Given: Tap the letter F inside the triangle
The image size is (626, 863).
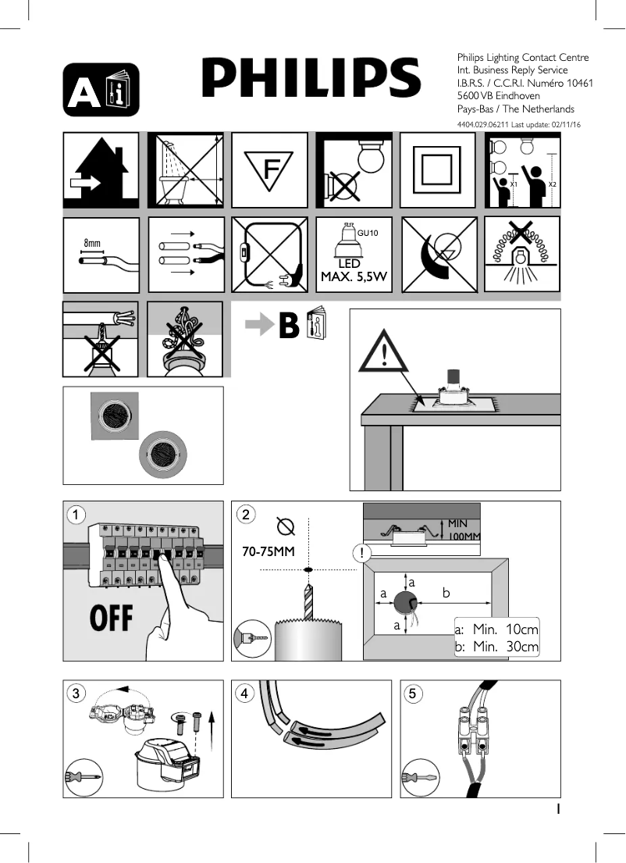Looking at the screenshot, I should click(x=270, y=169).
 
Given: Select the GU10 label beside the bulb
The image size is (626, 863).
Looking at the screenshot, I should click(x=368, y=233).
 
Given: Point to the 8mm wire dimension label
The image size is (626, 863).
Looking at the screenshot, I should click(x=92, y=244).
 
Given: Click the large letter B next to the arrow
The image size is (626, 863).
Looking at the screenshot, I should click(x=288, y=326).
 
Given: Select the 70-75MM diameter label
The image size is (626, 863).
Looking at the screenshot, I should click(x=268, y=552).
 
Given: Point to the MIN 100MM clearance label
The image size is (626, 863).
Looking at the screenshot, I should click(x=464, y=529).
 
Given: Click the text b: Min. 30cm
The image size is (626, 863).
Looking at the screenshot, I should click(x=496, y=647).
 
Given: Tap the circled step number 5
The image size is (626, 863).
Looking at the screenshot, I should click(x=414, y=693).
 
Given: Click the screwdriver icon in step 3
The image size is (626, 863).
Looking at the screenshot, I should click(x=84, y=777).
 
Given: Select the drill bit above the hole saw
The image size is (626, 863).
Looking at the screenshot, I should click(x=308, y=601).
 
